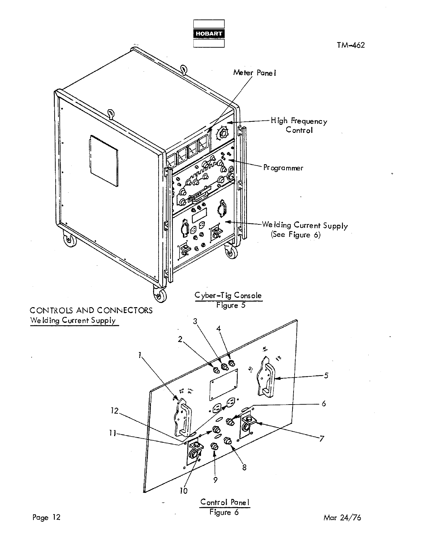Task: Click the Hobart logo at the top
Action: point(209,33)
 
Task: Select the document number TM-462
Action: point(351,45)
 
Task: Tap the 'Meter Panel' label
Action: point(255,73)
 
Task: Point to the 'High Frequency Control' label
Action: point(299,125)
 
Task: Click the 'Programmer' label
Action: point(283,168)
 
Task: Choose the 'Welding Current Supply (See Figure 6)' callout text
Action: point(305,230)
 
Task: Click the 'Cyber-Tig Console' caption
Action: point(228,296)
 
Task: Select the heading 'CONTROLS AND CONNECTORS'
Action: point(91,310)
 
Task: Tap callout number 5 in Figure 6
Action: point(326,375)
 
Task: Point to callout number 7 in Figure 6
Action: point(322,439)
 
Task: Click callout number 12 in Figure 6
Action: point(114,411)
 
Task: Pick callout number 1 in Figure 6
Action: point(139,355)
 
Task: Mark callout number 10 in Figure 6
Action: point(183,490)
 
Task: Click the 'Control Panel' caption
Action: point(225,502)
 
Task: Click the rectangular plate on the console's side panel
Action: point(104,160)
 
